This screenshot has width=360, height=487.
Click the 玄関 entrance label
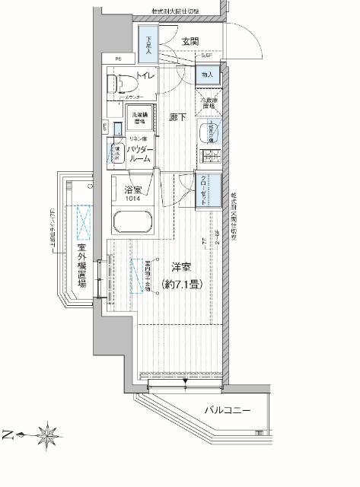[190, 41]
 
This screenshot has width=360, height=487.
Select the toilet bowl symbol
[119, 83]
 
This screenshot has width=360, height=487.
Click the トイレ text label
[144, 75]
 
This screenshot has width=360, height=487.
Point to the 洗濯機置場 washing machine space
[139, 118]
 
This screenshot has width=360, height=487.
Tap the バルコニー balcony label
[227, 412]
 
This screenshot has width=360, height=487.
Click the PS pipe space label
[119, 59]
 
